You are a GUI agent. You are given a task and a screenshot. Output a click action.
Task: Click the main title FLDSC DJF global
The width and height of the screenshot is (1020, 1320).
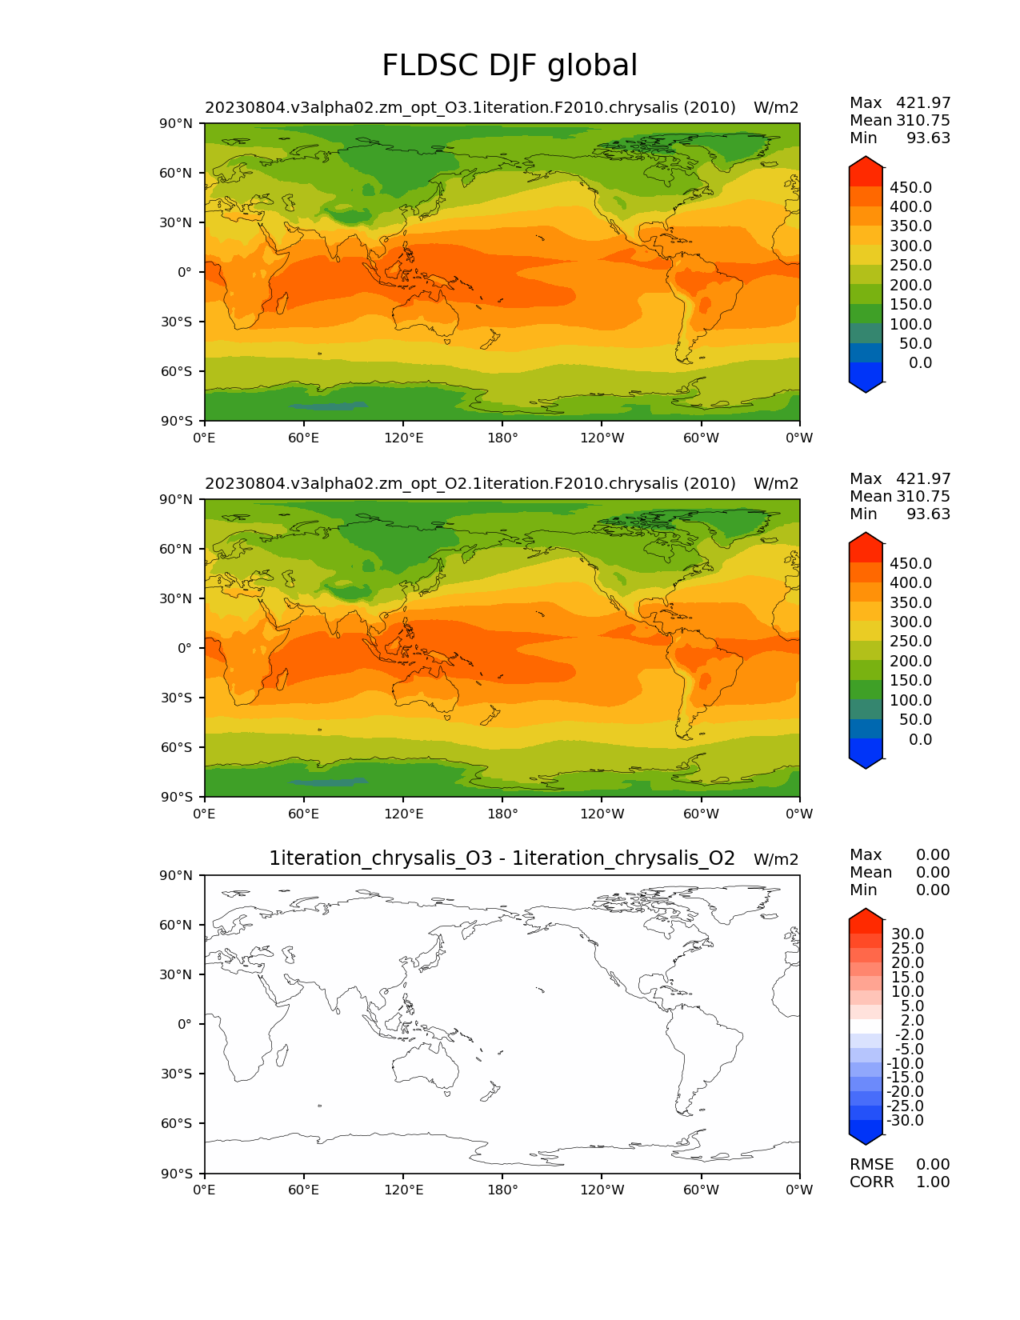(510, 66)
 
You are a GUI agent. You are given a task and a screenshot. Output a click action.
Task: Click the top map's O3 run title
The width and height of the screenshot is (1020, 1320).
(470, 107)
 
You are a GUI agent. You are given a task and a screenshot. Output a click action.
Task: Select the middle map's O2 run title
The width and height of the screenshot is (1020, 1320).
(470, 483)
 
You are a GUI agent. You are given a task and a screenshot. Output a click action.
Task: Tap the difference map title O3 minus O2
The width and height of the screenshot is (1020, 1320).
(502, 858)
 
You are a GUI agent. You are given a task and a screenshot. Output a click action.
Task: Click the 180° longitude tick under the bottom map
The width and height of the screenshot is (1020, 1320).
(502, 1190)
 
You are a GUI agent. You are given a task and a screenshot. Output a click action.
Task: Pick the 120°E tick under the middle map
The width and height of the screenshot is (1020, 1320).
(403, 814)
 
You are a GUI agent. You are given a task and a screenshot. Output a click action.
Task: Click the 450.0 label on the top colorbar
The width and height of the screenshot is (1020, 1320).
(910, 187)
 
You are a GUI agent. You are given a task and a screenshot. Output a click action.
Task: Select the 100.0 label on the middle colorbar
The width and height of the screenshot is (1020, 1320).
(910, 700)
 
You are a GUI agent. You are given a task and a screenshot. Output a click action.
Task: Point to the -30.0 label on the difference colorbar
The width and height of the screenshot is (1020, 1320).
(905, 1120)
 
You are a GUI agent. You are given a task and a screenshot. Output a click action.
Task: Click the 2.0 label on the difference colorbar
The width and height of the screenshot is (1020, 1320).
(912, 1020)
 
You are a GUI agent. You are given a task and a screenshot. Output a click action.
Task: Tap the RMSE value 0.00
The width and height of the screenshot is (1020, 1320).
(933, 1164)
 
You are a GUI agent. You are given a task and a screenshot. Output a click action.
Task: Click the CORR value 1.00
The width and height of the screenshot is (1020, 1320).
(933, 1182)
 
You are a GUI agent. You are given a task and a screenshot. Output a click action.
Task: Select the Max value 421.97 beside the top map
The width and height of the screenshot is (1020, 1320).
(923, 102)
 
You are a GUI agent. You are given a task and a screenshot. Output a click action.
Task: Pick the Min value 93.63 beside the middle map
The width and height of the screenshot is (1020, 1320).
(928, 514)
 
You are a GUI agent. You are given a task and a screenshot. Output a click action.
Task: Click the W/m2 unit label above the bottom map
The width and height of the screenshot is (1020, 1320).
(776, 859)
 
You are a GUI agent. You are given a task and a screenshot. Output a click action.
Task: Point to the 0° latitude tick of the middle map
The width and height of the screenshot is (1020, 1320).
(184, 648)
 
